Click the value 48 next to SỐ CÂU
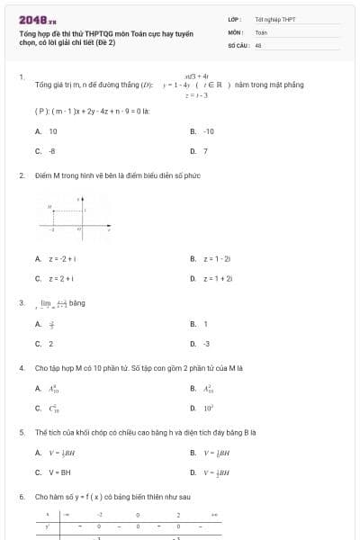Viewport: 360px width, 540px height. coord(258,44)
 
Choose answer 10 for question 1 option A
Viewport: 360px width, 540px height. coord(53,131)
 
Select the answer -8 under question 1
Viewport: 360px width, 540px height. coord(52,151)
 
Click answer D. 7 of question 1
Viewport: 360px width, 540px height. coord(205,151)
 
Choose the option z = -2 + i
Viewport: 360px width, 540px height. coord(61,259)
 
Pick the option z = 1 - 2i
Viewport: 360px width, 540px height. coord(218,259)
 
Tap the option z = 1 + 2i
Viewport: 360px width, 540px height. coord(218,279)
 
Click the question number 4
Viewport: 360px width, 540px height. coord(22,368)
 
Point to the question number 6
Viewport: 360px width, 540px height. coord(22,497)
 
